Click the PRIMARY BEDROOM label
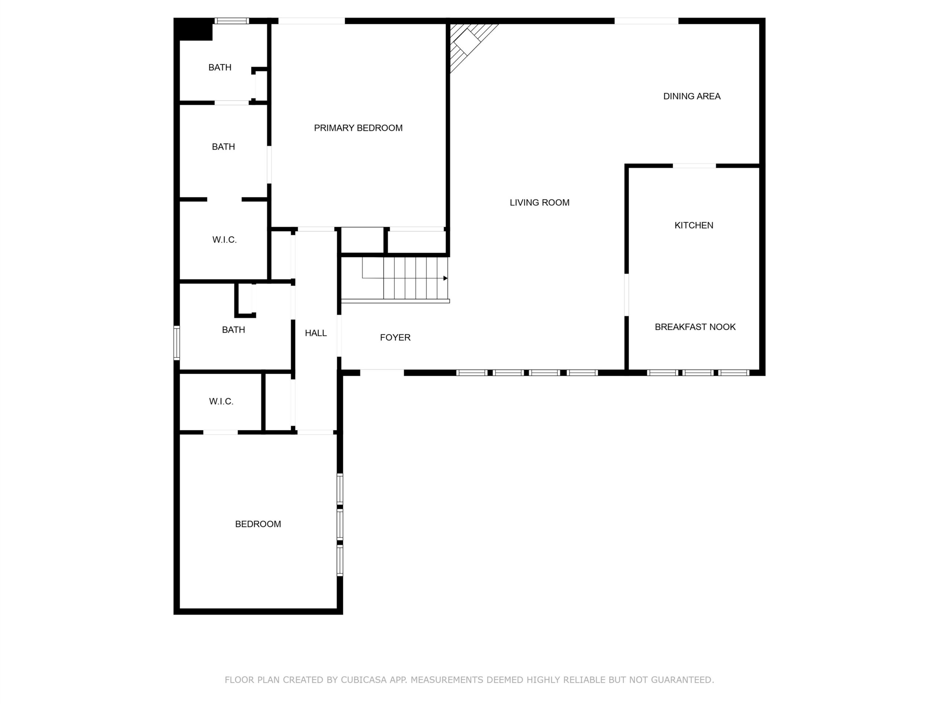(358, 128)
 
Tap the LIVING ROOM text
(540, 202)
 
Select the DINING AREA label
(692, 96)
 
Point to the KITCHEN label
(694, 225)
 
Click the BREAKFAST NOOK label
(695, 327)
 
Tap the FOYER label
(395, 337)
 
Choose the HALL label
(316, 333)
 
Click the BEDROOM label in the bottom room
(258, 524)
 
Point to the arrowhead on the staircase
(446, 278)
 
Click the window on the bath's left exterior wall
(176, 343)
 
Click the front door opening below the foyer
(382, 373)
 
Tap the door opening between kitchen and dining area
(694, 166)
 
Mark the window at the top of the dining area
(647, 21)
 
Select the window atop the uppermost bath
(231, 21)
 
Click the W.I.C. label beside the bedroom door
(221, 401)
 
